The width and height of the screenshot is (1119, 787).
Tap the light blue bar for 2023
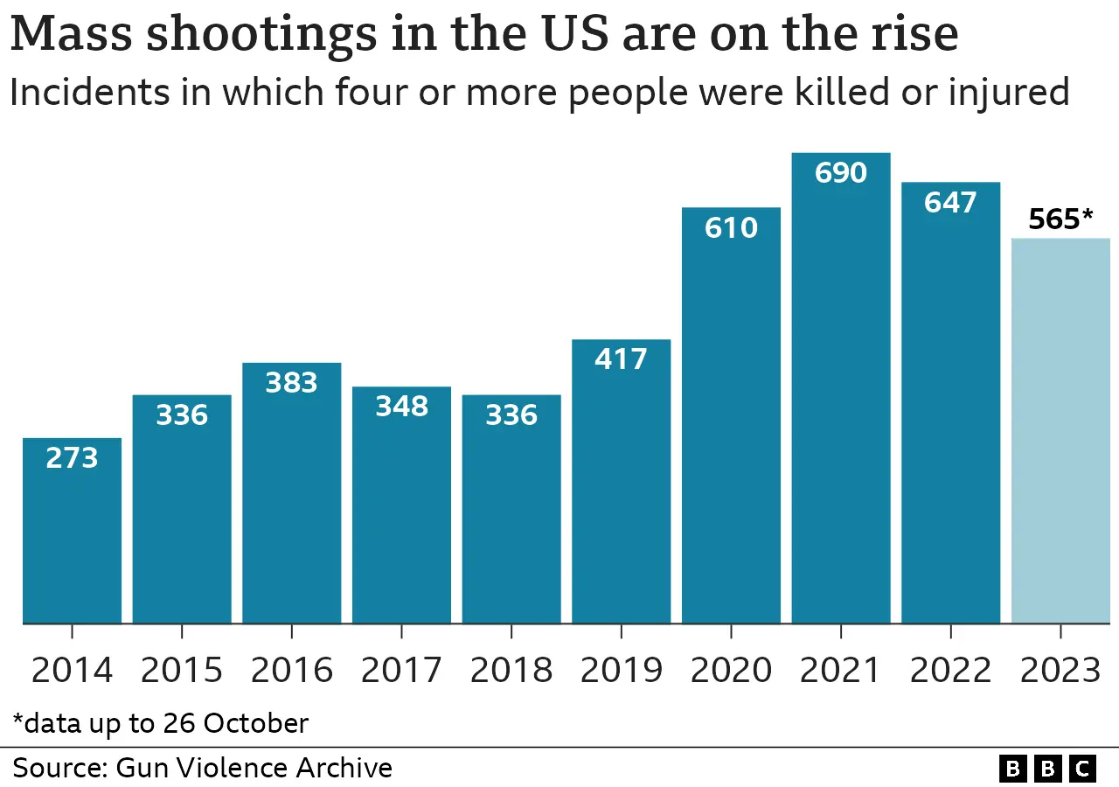tap(1060, 437)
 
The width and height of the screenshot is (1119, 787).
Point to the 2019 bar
tap(621, 490)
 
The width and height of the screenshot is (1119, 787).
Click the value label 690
tap(841, 173)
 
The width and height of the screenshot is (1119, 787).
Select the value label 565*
tap(1060, 219)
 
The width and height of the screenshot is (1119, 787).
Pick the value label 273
tap(72, 457)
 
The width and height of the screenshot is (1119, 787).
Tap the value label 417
tap(621, 359)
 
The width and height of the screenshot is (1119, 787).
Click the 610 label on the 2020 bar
tap(731, 227)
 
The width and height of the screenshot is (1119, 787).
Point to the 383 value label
tap(291, 383)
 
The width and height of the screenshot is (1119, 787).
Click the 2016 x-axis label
tap(291, 671)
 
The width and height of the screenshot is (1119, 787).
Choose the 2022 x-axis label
tap(951, 671)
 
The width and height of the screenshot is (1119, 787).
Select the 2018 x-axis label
tap(511, 671)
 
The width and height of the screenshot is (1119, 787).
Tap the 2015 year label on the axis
tap(182, 671)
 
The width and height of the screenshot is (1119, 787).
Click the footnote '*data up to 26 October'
tap(161, 724)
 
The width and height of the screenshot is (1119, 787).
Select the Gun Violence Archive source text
tap(254, 768)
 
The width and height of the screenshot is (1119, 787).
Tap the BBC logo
tap(1047, 769)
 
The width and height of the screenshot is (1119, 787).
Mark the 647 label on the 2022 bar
tap(951, 202)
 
